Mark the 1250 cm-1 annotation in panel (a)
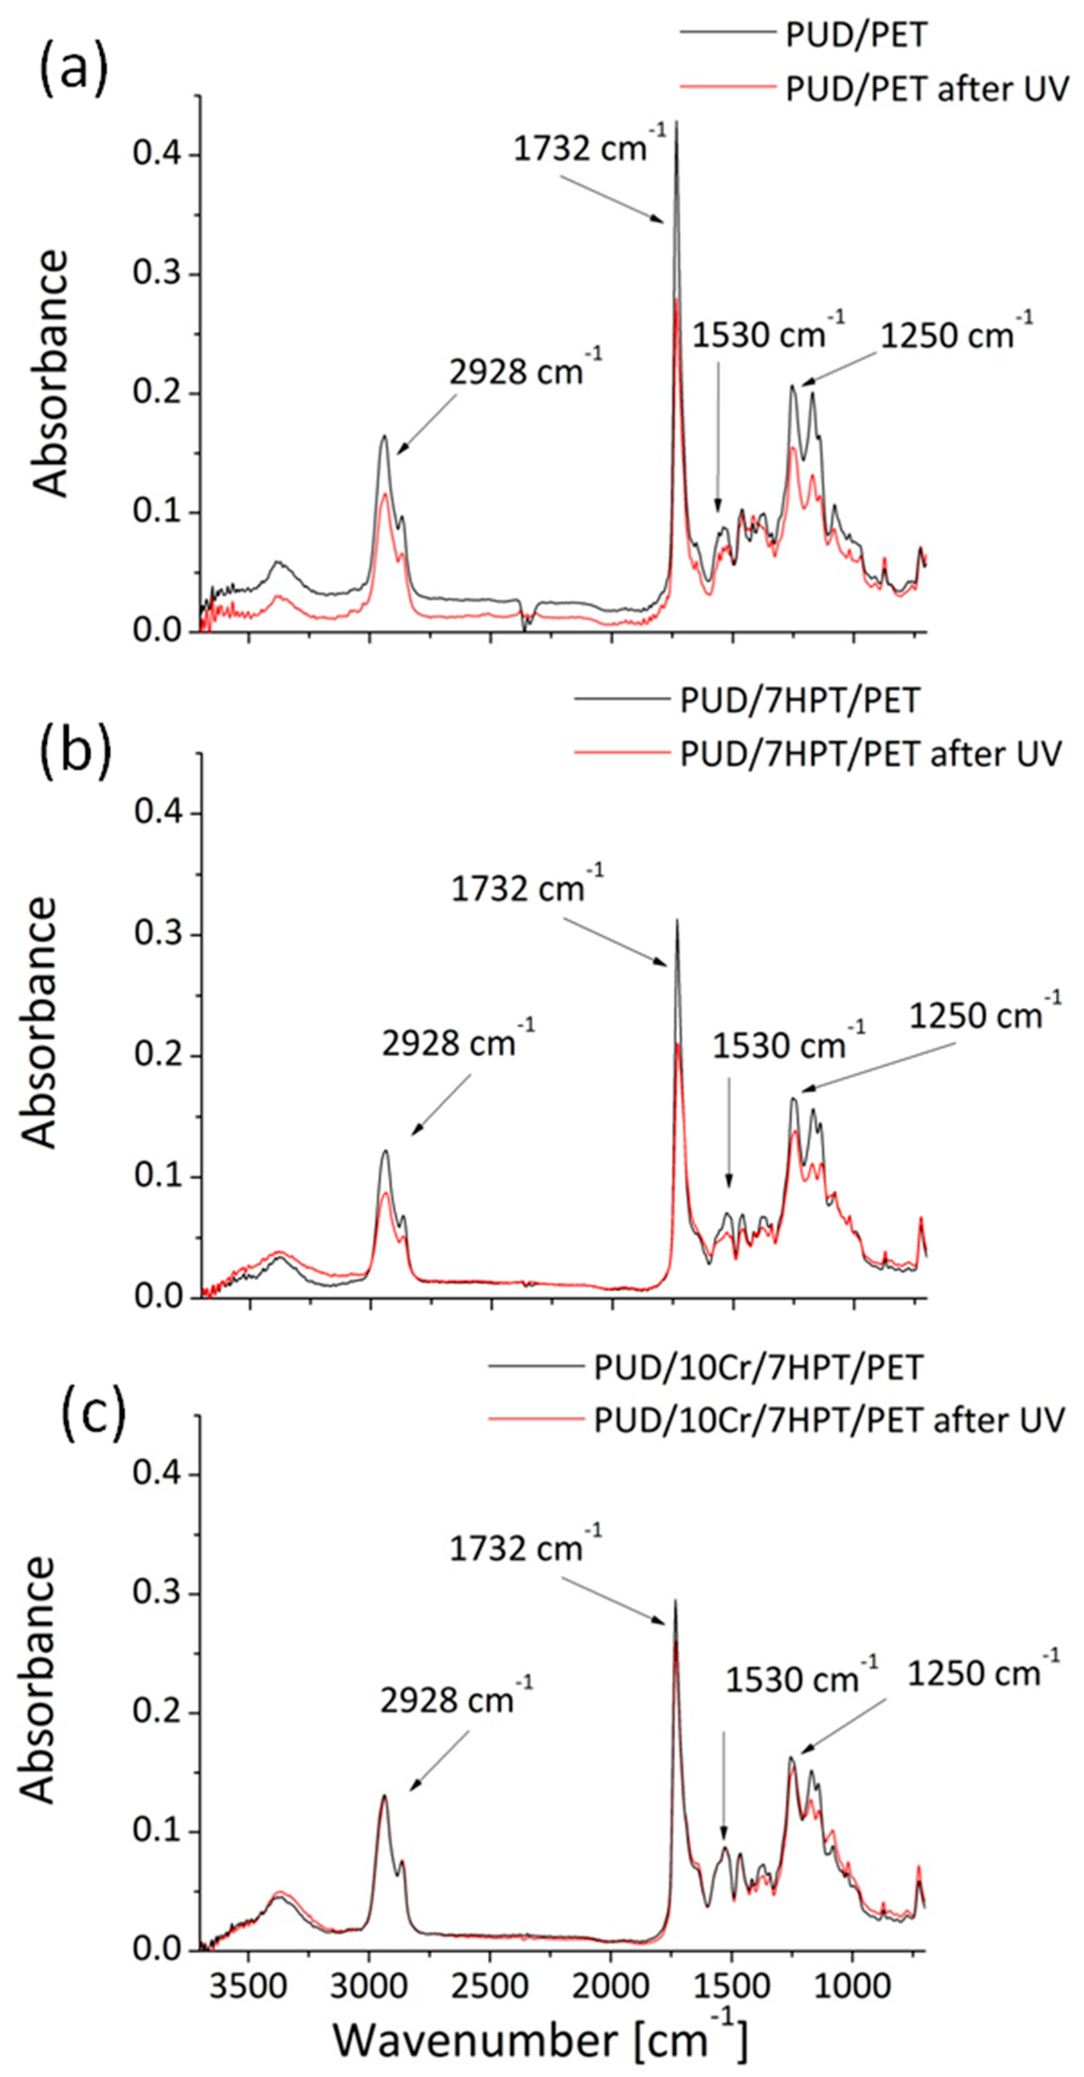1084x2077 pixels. coord(956,332)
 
